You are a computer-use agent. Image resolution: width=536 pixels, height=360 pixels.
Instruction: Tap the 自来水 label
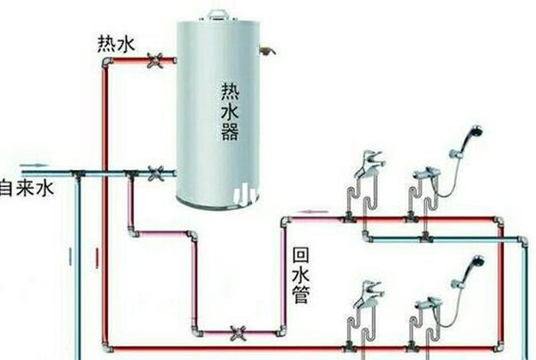click(27, 188)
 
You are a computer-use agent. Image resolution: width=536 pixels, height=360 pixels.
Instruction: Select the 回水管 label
click(301, 274)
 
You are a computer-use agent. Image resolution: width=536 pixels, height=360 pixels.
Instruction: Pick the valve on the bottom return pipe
click(238, 332)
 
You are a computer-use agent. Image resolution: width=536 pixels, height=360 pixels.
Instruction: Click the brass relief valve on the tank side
click(267, 51)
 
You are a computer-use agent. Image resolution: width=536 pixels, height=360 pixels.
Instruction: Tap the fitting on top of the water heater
click(218, 13)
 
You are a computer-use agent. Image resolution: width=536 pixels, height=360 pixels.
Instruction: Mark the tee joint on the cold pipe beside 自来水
click(77, 174)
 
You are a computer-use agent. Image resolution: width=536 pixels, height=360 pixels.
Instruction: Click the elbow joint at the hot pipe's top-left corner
click(106, 61)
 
